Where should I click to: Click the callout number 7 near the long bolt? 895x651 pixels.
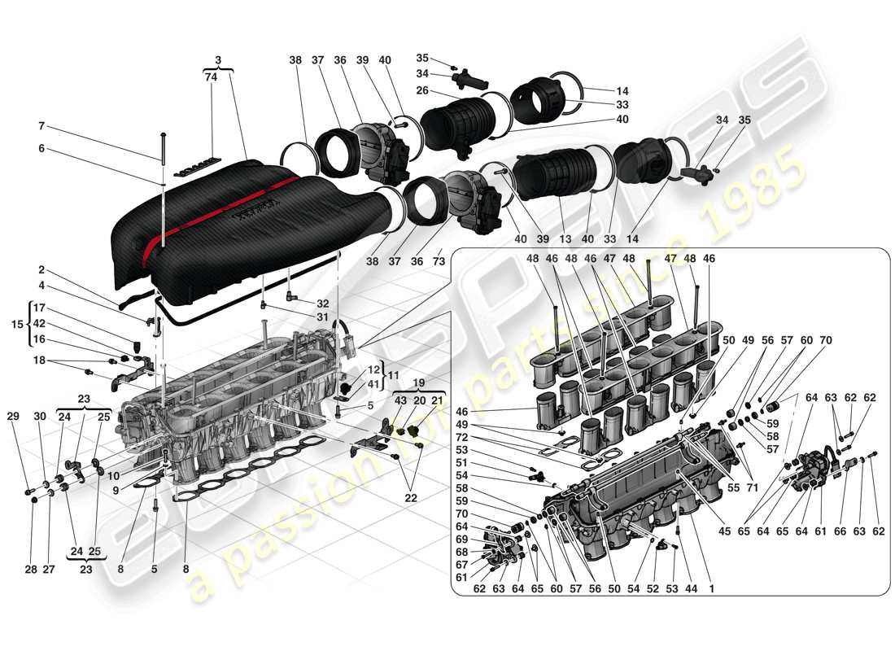41,126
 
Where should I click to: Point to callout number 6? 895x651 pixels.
41,149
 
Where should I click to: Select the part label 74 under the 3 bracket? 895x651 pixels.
212,77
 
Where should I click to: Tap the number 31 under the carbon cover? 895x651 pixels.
323,317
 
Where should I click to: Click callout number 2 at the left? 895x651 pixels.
41,269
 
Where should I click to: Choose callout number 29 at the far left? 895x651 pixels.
12,416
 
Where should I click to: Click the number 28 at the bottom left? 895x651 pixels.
31,570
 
